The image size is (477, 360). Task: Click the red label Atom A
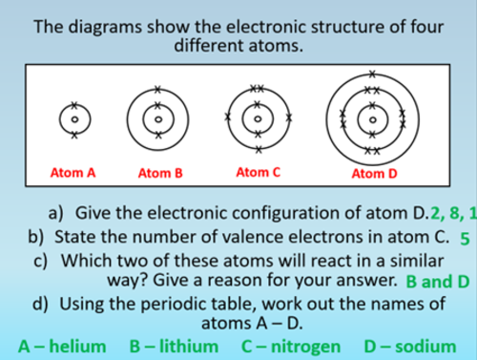click(73, 173)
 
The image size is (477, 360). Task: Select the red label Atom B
click(159, 173)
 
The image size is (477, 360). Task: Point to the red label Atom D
click(373, 173)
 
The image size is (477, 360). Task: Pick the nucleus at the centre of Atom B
click(159, 119)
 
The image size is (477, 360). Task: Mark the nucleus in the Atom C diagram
click(257, 119)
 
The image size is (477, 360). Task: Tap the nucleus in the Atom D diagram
click(373, 119)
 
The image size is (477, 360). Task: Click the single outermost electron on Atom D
click(373, 72)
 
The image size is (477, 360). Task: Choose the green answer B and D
click(438, 282)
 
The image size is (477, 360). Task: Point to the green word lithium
click(186, 346)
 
